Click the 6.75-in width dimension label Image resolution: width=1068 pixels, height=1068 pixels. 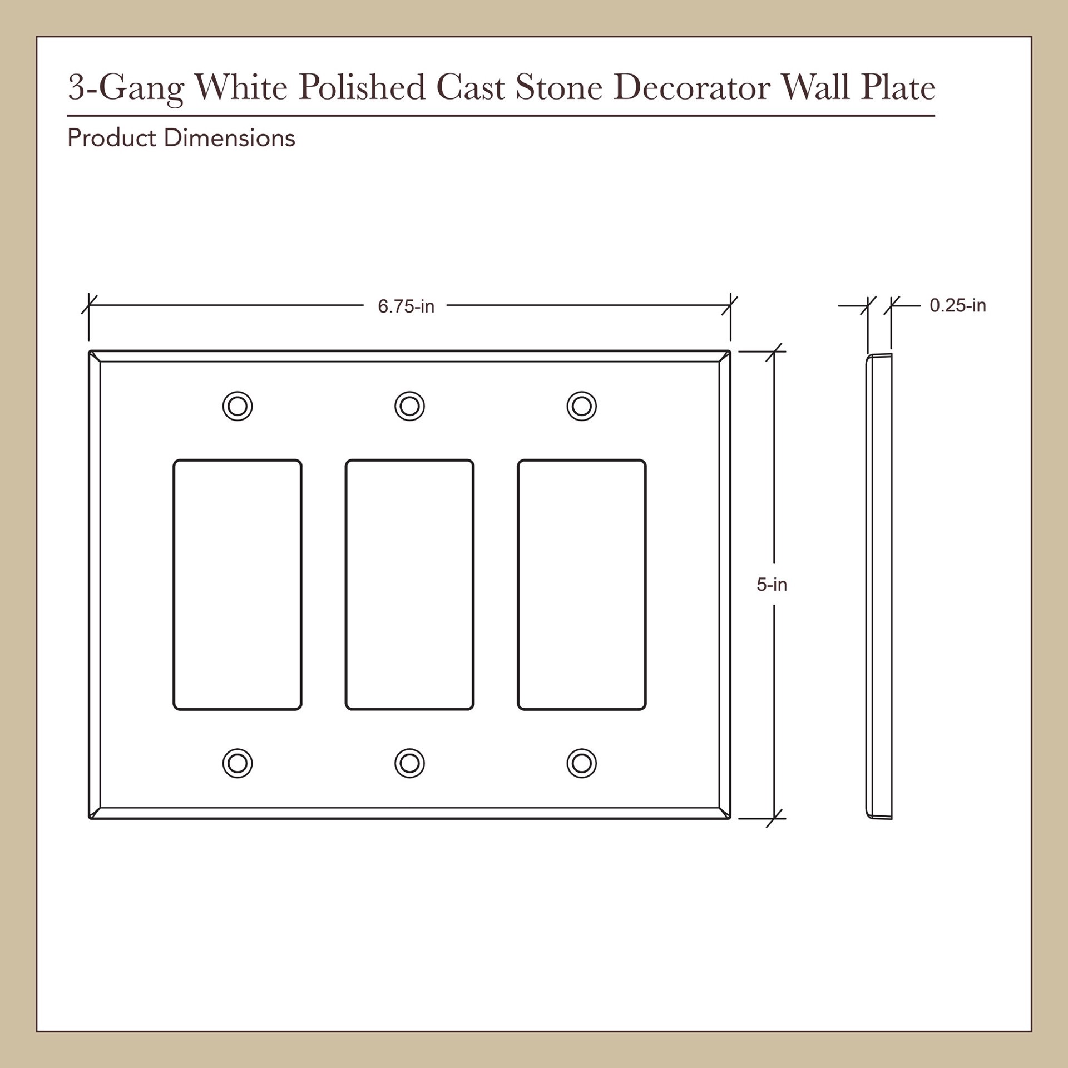(x=406, y=306)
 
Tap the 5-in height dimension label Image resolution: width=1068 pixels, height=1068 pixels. (x=772, y=585)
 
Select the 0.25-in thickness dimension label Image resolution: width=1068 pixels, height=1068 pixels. (x=957, y=305)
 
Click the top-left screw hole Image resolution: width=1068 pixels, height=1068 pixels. (x=238, y=406)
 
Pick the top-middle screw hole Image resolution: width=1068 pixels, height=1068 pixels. (x=409, y=406)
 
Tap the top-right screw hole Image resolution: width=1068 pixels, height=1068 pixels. (x=582, y=406)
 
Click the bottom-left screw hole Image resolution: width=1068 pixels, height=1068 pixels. (x=238, y=763)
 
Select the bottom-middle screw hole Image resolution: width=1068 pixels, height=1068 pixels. (x=409, y=763)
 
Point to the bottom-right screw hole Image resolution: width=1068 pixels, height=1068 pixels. (x=582, y=763)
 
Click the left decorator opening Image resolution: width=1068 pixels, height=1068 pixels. (x=238, y=585)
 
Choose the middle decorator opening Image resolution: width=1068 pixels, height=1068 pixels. (x=409, y=585)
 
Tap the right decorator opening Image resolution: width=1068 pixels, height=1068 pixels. (x=582, y=585)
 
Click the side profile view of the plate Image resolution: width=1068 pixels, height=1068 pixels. (x=879, y=586)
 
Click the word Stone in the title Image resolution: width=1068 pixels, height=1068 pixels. (x=558, y=88)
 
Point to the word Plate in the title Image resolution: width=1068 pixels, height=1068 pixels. (x=898, y=88)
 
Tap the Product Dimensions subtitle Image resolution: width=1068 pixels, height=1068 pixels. (x=181, y=139)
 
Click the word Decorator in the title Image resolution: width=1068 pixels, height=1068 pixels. (x=693, y=88)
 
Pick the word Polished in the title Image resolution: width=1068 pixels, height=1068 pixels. (x=362, y=88)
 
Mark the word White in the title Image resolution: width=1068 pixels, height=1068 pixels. (x=240, y=88)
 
